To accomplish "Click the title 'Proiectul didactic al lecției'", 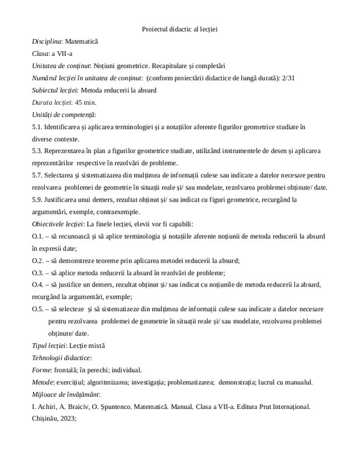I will pyautogui.click(x=179, y=29).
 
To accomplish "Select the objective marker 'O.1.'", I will pyautogui.click(x=38, y=236).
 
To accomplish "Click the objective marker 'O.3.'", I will pyautogui.click(x=38, y=273).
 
